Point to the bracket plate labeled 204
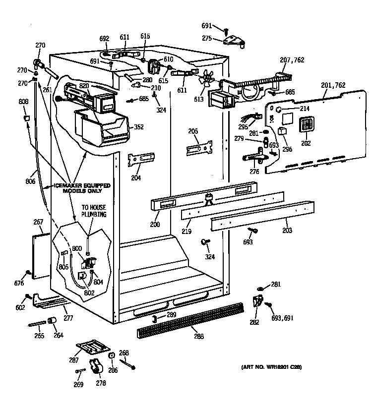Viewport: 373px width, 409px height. point(140,160)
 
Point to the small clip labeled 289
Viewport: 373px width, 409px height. point(155,317)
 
